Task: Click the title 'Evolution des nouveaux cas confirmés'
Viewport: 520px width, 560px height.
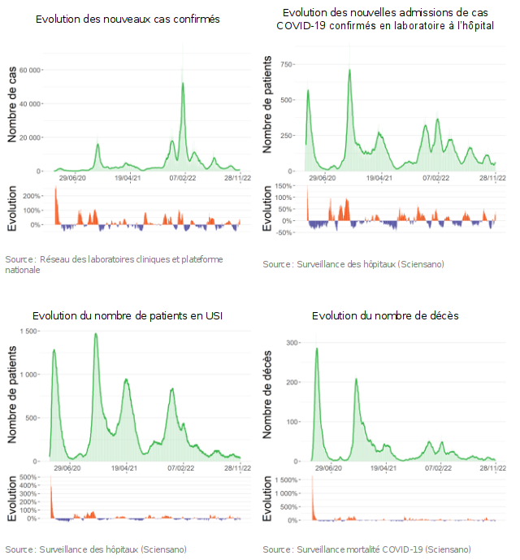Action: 128,18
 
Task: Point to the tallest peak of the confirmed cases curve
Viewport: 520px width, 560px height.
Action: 183,83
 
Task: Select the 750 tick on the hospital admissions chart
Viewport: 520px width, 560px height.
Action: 287,63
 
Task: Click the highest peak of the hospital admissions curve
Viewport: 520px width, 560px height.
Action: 349,70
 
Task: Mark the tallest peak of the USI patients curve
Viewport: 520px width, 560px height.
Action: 96,334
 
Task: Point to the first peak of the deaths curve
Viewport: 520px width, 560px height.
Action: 316,349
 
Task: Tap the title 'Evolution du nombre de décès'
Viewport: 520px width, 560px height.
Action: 385,315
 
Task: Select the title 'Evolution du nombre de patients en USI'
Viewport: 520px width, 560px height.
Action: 128,315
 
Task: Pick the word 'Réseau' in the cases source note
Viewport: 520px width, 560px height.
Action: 55,258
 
